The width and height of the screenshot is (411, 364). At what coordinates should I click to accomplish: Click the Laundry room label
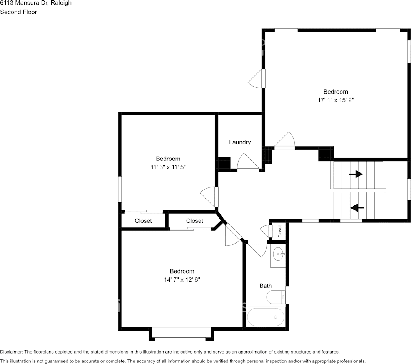tap(240, 142)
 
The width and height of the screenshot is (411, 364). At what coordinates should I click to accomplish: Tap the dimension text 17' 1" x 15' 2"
tap(336, 100)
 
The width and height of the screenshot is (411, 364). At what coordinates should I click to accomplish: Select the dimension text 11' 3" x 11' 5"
tap(168, 167)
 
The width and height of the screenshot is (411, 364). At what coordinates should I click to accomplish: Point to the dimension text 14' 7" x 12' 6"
tap(182, 280)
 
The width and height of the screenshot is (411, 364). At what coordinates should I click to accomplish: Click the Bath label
tap(266, 286)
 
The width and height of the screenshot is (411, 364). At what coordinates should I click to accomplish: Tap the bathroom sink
tap(278, 254)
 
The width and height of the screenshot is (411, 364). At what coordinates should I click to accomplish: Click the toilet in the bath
tap(276, 297)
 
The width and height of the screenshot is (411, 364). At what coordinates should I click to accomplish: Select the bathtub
tap(266, 317)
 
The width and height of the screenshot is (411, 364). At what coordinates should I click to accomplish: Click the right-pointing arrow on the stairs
tap(356, 174)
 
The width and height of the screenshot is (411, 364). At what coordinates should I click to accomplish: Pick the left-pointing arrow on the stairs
tap(357, 208)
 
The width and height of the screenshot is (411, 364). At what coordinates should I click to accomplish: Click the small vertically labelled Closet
tap(280, 231)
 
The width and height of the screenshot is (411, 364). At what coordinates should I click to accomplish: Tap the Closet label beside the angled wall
tap(194, 221)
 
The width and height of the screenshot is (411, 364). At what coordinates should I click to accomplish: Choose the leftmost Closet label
tap(144, 221)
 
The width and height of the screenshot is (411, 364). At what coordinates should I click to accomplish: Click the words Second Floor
tap(18, 12)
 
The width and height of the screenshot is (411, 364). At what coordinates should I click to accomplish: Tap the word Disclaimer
tap(11, 352)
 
